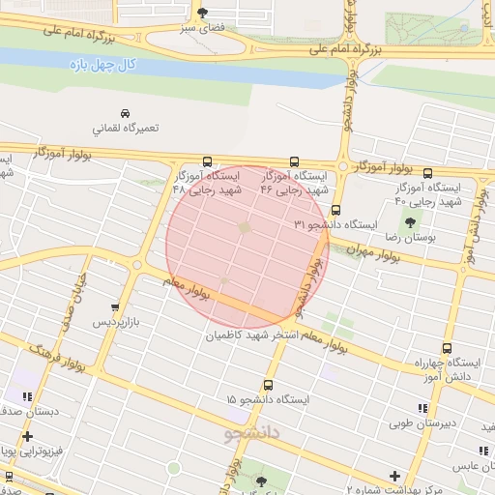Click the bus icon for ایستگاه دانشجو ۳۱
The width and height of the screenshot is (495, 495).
(335, 210)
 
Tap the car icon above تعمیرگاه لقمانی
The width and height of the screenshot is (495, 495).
(124, 112)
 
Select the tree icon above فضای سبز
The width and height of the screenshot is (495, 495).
(202, 13)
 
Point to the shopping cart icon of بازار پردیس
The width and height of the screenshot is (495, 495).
(116, 306)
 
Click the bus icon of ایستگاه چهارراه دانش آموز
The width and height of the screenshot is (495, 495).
(447, 348)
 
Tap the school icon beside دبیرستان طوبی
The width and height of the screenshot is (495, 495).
(422, 408)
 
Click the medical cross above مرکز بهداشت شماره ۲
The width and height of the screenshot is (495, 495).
(394, 476)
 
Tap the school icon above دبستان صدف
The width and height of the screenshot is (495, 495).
(27, 395)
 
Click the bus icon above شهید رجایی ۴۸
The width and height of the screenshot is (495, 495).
(206, 162)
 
